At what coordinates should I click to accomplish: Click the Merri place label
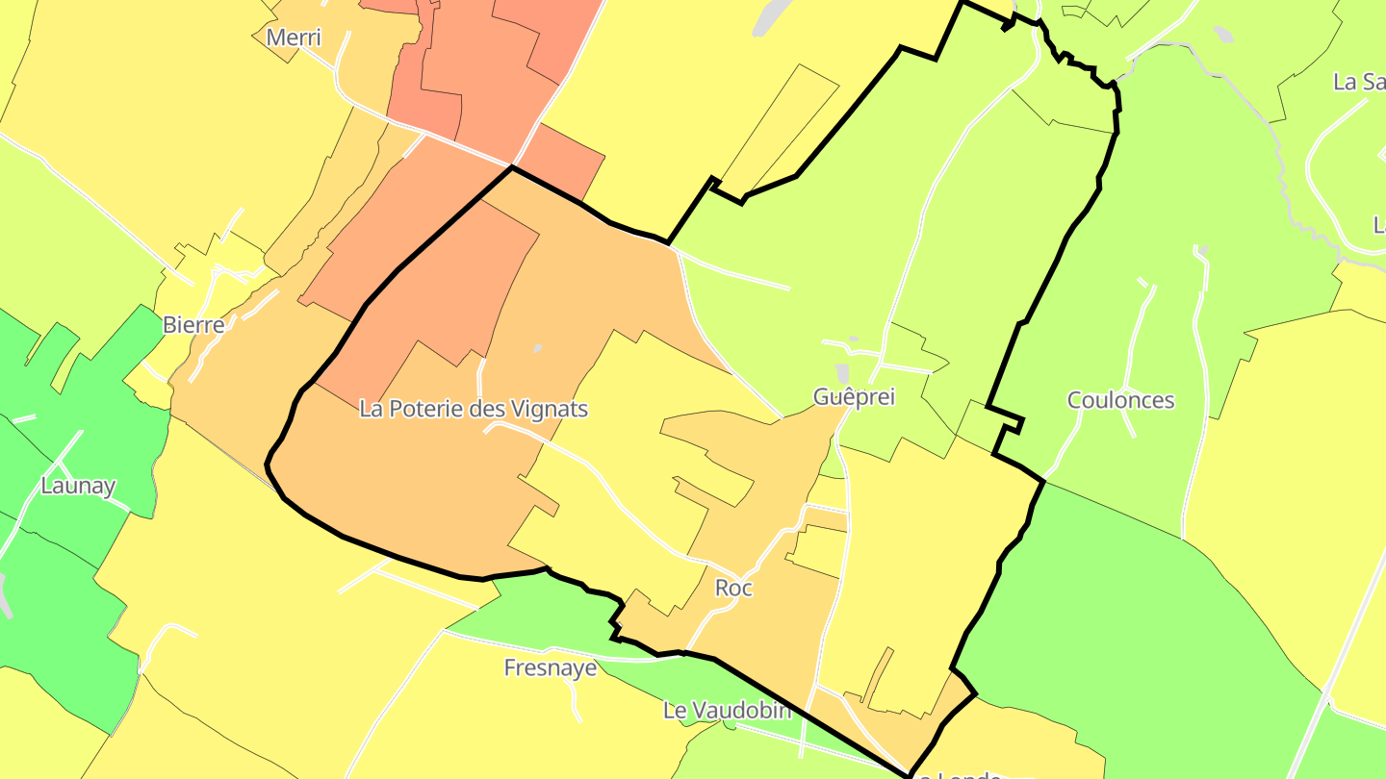click(294, 38)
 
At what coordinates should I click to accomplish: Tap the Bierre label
click(193, 324)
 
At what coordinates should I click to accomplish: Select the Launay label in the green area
click(78, 486)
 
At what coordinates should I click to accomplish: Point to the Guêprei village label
click(854, 396)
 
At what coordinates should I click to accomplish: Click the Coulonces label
click(1120, 400)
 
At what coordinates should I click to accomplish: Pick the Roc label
click(733, 588)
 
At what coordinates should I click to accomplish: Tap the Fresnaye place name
click(551, 667)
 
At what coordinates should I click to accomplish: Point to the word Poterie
click(426, 409)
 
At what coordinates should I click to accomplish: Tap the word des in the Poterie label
click(488, 409)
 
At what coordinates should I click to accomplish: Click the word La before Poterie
click(372, 409)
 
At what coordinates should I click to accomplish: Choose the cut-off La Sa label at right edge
click(1359, 82)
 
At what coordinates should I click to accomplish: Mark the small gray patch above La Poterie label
click(537, 348)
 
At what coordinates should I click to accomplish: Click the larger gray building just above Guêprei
click(843, 373)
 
